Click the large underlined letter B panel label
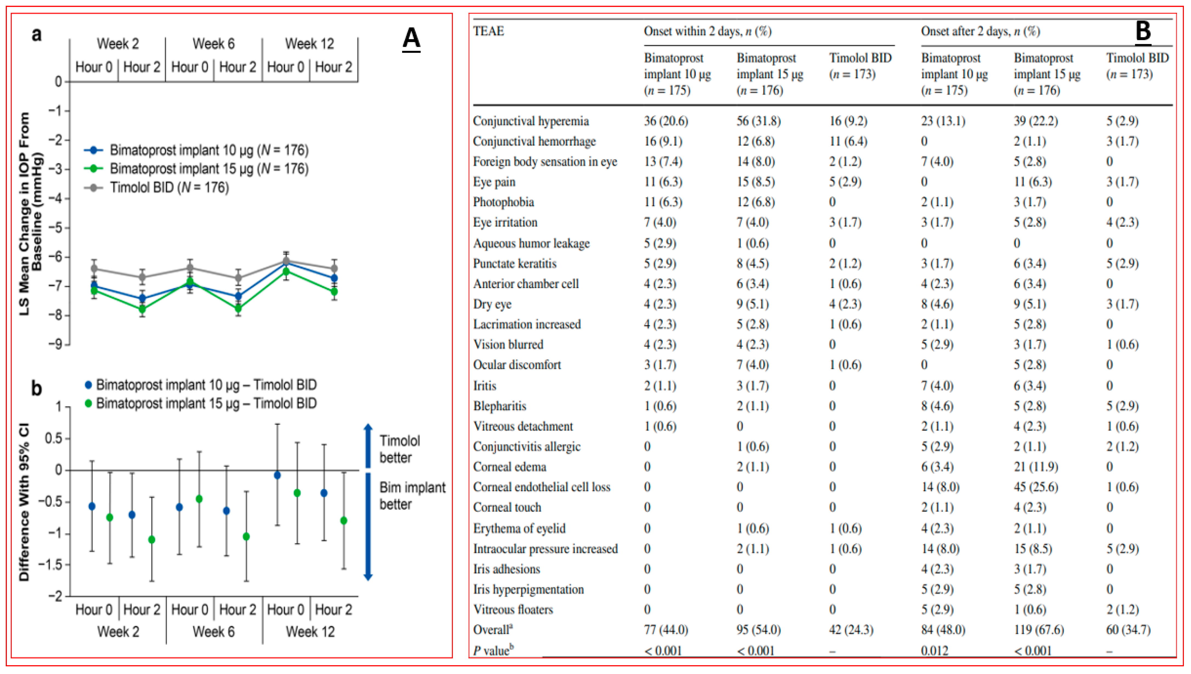1142,32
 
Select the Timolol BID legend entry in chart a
169,187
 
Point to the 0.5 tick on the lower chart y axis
53,438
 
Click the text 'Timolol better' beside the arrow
399,449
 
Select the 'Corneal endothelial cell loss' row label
541,487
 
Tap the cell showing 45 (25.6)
1036,487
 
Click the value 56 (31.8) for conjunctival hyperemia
758,121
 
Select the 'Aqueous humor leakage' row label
531,243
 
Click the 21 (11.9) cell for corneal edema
1036,467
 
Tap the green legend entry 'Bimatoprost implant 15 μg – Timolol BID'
206,403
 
